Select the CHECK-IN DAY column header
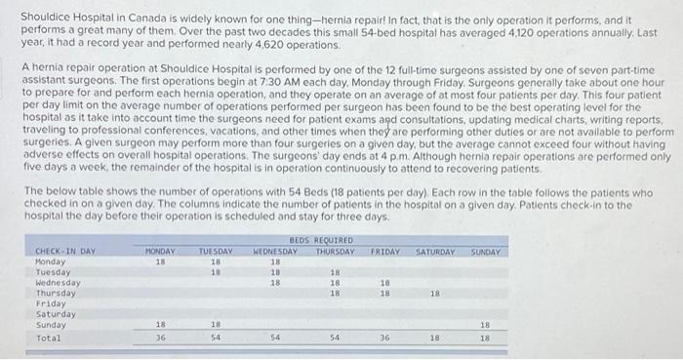64,252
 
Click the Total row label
48,337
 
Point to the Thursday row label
54,293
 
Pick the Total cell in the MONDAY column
161,337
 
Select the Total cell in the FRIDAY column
383,337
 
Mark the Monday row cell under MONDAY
162,261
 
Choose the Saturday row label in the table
54,313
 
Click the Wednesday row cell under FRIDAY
383,283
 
